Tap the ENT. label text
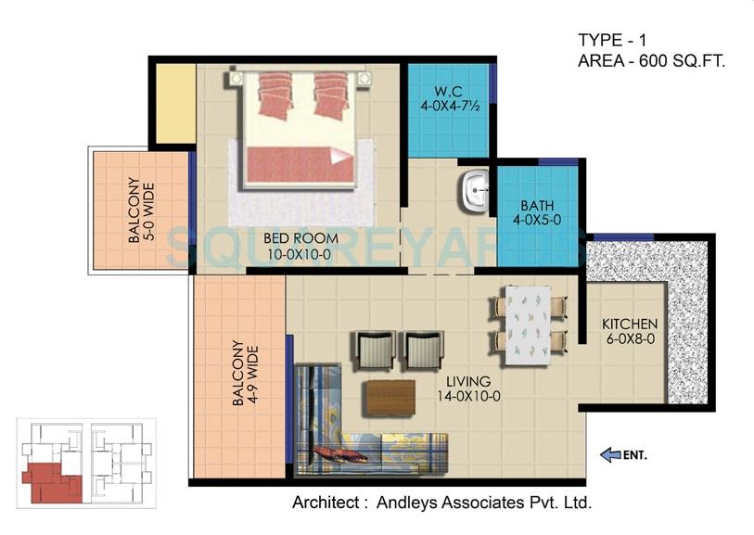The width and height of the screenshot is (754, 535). (x=635, y=455)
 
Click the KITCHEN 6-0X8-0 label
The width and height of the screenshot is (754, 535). (x=630, y=332)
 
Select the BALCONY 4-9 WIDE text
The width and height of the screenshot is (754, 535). (x=244, y=375)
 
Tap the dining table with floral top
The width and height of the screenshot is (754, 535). (x=526, y=319)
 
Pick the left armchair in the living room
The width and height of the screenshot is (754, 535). (x=372, y=350)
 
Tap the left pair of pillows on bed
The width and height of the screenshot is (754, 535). (x=275, y=96)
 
